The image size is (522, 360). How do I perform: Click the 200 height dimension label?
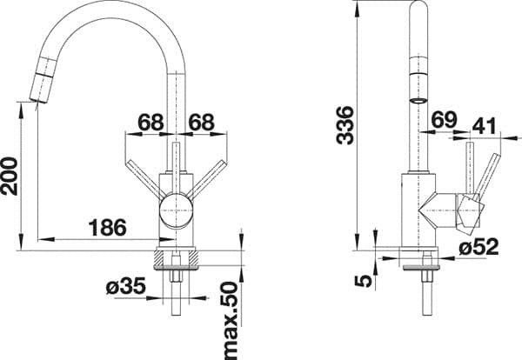pos(10,176)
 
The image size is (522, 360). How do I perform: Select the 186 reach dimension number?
pos(108,228)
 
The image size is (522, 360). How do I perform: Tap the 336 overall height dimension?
pos(345,125)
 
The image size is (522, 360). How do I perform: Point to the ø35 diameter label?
pos(126,286)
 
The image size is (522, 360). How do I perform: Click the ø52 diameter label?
pos(478,247)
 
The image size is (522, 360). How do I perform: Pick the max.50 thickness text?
pos(231,320)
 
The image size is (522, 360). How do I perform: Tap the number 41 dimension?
pos(485,126)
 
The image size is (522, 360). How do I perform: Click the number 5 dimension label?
pos(363,281)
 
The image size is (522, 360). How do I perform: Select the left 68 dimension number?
pos(151,122)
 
